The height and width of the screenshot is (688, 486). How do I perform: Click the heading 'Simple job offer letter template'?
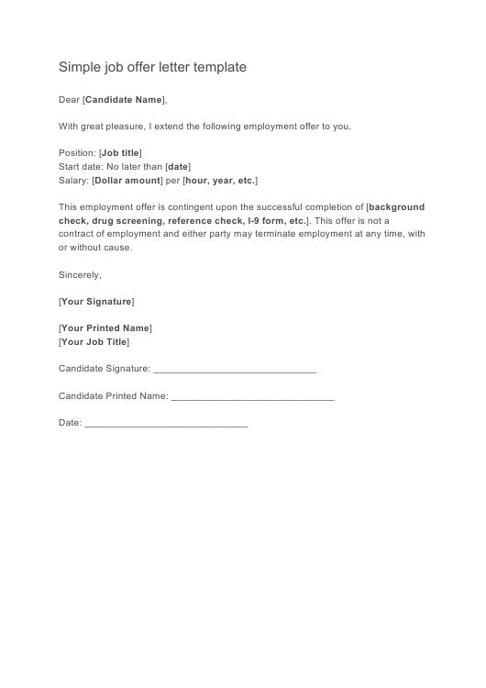[152, 67]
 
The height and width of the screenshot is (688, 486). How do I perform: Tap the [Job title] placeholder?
[120, 152]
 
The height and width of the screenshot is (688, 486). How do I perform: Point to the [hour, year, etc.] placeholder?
[220, 181]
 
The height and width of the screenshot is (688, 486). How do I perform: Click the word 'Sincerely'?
[80, 274]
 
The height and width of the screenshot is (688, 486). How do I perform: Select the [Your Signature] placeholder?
[96, 301]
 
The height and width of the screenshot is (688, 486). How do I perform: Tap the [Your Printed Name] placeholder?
[105, 327]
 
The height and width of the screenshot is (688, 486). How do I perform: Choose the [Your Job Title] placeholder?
[94, 341]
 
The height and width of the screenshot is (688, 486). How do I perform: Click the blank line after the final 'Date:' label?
[165, 425]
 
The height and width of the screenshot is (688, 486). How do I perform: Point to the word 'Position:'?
[77, 152]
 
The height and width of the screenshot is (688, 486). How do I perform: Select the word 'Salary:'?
[73, 181]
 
